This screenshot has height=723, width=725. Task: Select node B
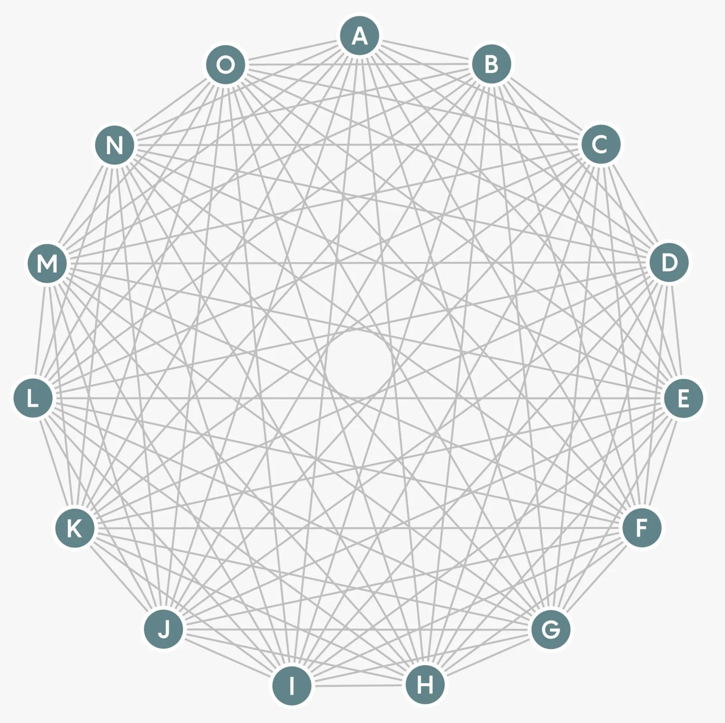coord(491,64)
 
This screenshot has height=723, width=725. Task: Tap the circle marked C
coord(600,144)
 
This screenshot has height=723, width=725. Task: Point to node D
coord(668,263)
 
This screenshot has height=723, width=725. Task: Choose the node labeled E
coord(683,399)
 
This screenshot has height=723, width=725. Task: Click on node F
coord(641,528)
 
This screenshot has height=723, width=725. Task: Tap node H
coord(425,684)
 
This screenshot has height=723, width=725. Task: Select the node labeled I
coord(292,685)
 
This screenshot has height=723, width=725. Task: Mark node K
coord(74,528)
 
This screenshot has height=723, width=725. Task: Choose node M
coord(48,263)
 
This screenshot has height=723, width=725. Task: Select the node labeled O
coord(225,65)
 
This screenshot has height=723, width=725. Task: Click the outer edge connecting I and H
coord(358,685)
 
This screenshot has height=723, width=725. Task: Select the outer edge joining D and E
coord(676,331)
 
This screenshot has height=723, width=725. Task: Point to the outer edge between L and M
coord(40,331)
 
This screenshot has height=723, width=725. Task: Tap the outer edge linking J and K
coord(119,579)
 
